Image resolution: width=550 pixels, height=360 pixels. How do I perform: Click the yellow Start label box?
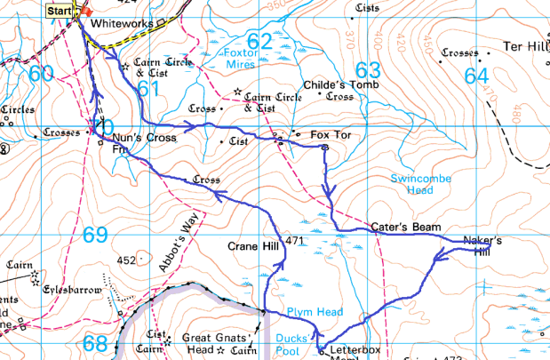tap(60, 11)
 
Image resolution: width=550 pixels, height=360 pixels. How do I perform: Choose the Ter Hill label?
tap(523, 46)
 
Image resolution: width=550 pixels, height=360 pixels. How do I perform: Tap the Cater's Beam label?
tap(406, 228)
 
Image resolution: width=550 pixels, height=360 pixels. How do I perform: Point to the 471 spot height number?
tap(296, 242)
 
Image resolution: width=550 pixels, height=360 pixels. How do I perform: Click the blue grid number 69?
tap(95, 235)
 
